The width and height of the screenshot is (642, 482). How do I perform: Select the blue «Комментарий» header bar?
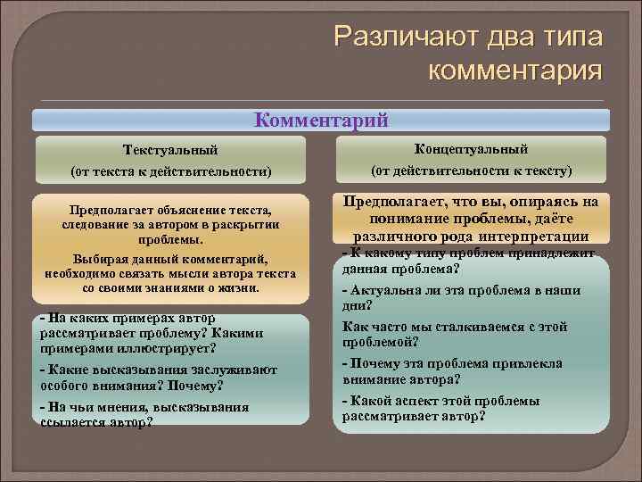click(x=321, y=120)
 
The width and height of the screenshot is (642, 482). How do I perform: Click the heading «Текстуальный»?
click(x=170, y=149)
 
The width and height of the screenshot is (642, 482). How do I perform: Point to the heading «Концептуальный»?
click(x=472, y=147)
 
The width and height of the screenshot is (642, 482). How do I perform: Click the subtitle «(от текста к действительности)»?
click(x=170, y=170)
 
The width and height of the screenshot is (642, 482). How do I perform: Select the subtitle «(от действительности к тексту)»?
click(x=472, y=170)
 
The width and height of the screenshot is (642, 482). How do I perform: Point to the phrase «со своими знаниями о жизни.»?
click(x=170, y=289)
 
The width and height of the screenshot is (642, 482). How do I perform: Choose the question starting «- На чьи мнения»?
click(x=144, y=407)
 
